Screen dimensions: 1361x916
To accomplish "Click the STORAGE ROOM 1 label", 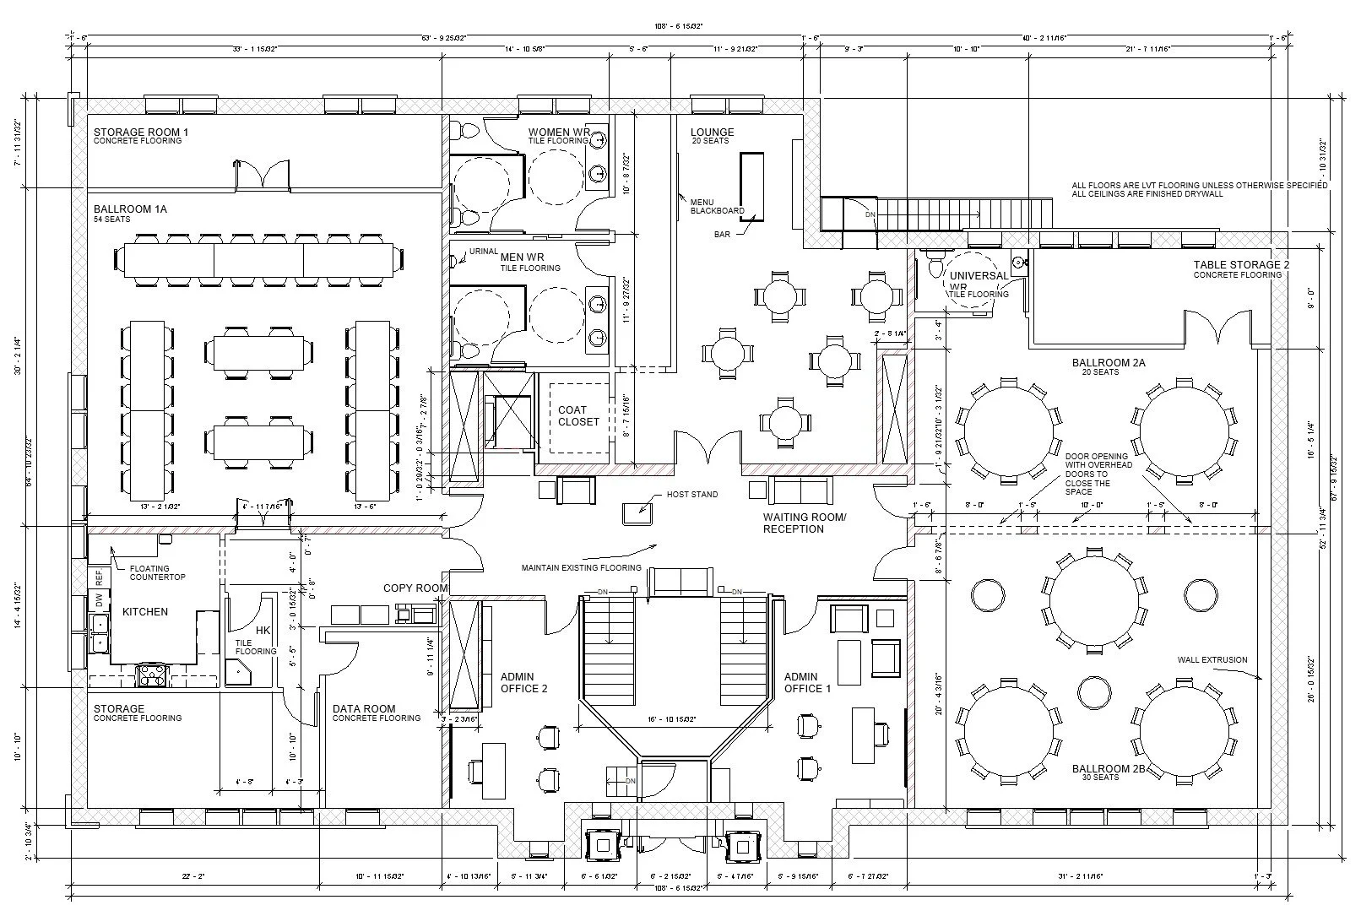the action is coord(140,133).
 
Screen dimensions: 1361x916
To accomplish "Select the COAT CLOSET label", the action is coord(578,416).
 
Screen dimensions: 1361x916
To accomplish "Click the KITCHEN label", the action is coord(145,612).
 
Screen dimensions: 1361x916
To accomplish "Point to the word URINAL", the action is coord(484,252).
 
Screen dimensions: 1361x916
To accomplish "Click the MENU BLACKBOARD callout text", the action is coord(717,206).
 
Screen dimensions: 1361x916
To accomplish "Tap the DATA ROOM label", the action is coord(364,709).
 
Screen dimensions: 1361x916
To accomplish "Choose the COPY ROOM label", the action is coord(415,588).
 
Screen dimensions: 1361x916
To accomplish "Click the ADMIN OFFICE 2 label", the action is coord(523,682).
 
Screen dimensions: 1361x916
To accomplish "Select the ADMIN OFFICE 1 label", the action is coord(807,682).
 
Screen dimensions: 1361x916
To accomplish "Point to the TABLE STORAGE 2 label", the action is coord(1241,265).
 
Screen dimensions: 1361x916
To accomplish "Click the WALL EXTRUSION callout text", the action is coord(1212,660).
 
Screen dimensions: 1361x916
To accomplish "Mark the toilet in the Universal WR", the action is coord(934,266).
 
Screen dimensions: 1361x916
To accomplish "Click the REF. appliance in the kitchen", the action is coord(99,577).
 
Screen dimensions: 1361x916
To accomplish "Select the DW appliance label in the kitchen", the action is coord(99,602).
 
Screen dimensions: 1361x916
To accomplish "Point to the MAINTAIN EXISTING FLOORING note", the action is coord(581,567).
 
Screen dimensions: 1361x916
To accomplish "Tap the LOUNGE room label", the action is coord(712,133).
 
